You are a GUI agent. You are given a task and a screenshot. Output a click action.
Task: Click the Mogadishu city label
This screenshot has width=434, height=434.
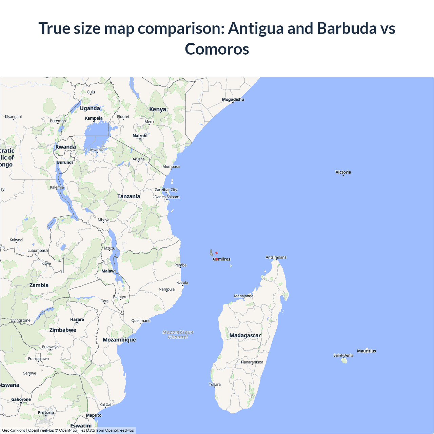coord(233,99)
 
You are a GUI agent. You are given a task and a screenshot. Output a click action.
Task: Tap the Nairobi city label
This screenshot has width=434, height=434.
coord(140,136)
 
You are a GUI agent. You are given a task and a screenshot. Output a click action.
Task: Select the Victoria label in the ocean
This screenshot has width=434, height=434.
coord(343,172)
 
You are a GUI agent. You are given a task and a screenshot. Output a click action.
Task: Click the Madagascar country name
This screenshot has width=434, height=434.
coord(245,335)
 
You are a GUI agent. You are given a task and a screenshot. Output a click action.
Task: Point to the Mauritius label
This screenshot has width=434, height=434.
coord(366,351)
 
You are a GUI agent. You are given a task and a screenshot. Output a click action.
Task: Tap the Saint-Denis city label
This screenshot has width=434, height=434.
coord(343,355)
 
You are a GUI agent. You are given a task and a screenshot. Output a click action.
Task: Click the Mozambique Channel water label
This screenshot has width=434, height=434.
coord(178,335)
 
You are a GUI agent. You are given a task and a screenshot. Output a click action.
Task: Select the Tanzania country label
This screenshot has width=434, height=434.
coord(129,196)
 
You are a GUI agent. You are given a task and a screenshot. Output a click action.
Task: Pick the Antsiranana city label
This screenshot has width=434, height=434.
coord(276,257)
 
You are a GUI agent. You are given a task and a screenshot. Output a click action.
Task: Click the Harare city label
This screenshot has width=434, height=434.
coord(77,319)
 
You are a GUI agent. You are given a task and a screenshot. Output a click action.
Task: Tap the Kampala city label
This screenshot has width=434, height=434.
coord(94,118)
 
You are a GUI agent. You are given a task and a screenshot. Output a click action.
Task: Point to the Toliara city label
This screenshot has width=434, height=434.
coord(215,384)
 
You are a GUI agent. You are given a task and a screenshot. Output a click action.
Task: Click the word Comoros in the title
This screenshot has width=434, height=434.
coord(217,49)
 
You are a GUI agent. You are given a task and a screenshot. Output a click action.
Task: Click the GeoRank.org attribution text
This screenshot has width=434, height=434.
coord(14,430)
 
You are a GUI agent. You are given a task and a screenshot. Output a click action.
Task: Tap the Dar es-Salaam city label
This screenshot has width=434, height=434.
coord(167,197)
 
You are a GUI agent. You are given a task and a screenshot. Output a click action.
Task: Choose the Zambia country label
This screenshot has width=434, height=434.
coord(39,285)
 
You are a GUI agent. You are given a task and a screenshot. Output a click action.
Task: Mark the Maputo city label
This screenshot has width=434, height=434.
coord(94,415)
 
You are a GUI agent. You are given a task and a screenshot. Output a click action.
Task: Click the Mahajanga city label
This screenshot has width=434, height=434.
coord(243,296)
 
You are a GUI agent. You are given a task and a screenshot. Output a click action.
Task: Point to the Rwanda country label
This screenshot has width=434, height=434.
coord(65,147)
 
